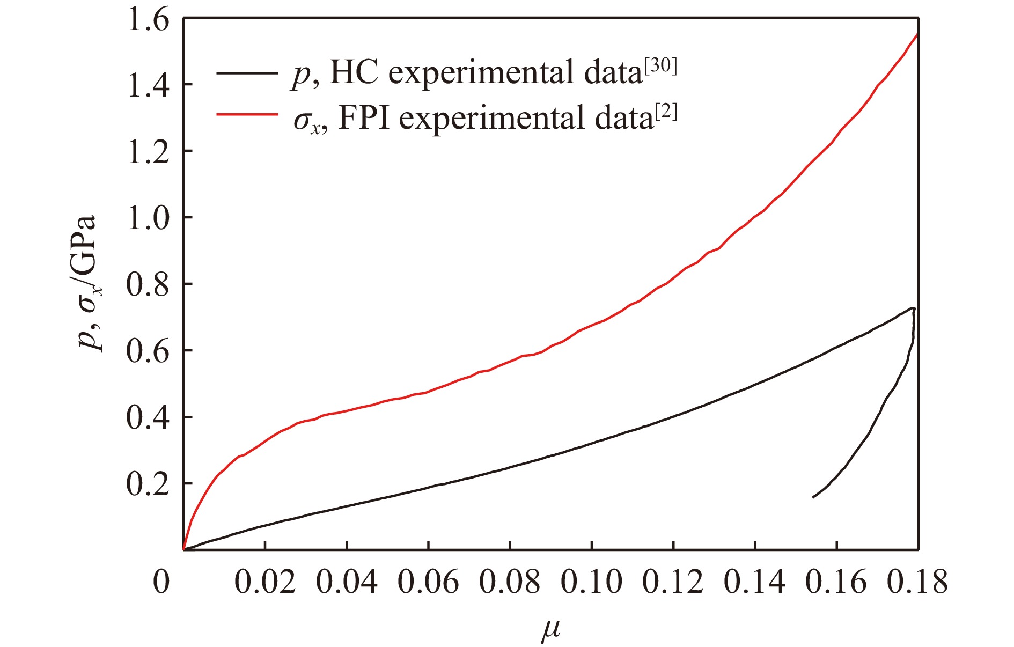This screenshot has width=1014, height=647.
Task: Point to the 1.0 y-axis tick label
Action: (148, 218)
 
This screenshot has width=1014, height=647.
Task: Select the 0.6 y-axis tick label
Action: (148, 351)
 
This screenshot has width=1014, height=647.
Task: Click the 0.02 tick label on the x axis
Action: (265, 582)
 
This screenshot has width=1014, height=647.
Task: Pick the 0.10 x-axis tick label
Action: (591, 582)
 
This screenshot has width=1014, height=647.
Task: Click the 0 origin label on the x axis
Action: (161, 582)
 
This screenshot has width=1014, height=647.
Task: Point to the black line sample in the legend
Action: (247, 72)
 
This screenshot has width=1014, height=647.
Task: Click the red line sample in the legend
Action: (247, 114)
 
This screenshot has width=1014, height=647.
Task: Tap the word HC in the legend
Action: (354, 72)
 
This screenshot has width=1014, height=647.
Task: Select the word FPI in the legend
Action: (364, 118)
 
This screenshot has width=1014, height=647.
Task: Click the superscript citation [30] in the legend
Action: (661, 67)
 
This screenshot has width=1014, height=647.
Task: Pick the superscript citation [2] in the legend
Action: (666, 112)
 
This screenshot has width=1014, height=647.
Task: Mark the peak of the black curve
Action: (912, 308)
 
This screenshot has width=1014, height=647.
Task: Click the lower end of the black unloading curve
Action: (813, 497)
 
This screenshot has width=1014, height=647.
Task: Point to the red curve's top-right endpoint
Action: (918, 34)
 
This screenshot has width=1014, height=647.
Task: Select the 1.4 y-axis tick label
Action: (148, 85)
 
